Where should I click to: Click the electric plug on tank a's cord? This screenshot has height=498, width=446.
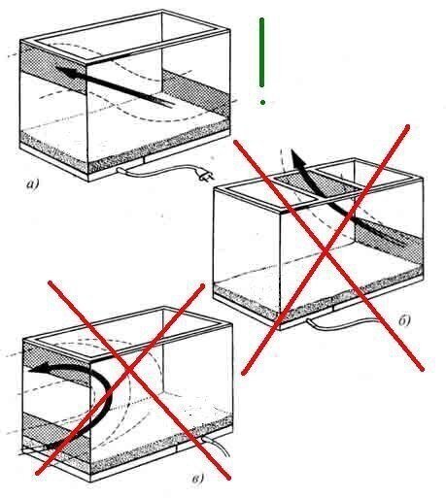(205, 176)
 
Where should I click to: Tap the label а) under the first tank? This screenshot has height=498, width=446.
(32, 184)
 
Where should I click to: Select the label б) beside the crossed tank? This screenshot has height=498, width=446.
(404, 320)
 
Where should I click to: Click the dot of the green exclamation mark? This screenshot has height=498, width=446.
(262, 102)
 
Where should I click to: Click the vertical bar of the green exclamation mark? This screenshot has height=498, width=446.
(261, 52)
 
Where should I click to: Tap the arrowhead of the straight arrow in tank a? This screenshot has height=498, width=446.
(66, 72)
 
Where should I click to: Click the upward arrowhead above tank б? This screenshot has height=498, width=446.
(296, 157)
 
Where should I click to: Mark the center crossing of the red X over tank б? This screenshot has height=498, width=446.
(326, 249)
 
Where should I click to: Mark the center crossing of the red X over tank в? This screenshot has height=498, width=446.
(129, 369)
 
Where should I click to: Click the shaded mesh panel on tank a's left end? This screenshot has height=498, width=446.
(53, 69)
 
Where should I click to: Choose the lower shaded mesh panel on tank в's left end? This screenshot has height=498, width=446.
(56, 433)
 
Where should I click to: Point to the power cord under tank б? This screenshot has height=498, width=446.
(352, 324)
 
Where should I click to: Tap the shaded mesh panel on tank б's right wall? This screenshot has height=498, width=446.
(390, 237)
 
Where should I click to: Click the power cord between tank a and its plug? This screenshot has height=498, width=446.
(158, 171)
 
